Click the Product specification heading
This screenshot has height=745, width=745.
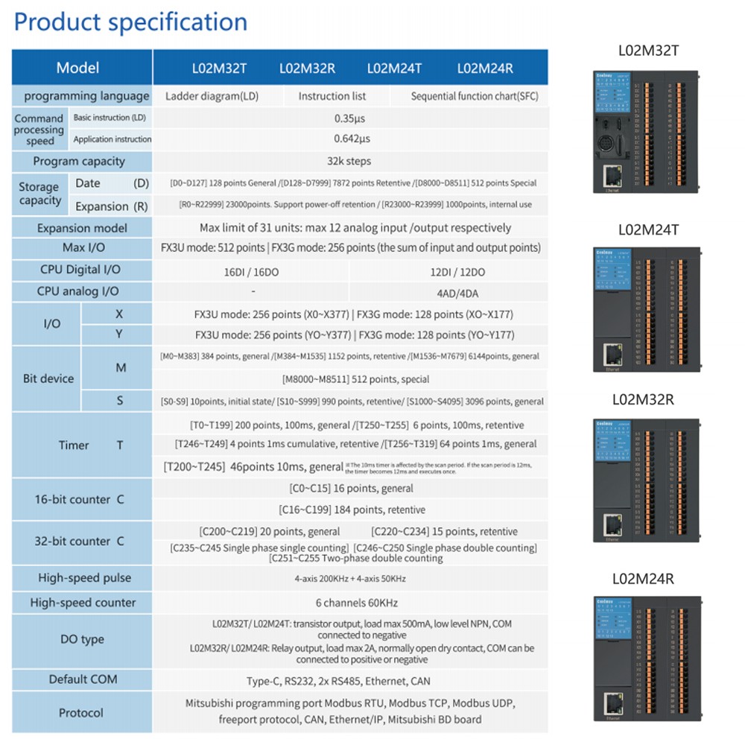tap(130, 22)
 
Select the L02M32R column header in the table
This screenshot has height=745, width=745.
tap(307, 69)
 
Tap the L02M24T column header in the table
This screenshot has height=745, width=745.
tap(394, 69)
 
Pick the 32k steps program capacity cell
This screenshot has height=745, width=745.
tap(349, 161)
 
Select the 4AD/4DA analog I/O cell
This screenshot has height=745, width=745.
tap(448, 291)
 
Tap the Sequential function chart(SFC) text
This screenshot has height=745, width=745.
tap(475, 96)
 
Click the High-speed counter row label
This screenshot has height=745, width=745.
tap(83, 603)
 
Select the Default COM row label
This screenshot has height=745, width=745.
tap(83, 679)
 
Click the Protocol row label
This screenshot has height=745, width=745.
tap(80, 713)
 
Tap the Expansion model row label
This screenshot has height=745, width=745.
tap(82, 228)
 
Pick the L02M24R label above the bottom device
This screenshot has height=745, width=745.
tap(643, 578)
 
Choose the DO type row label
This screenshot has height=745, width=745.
tap(82, 639)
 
